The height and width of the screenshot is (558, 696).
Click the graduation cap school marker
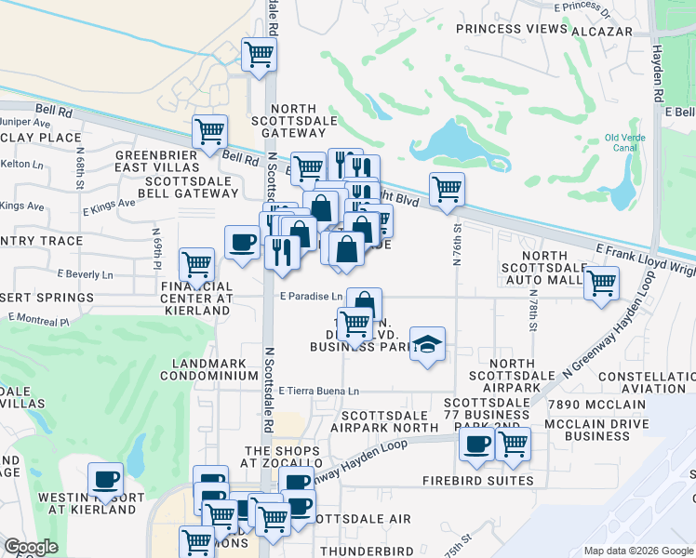pos(427,343)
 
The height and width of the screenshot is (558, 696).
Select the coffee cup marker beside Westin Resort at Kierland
pos(105,478)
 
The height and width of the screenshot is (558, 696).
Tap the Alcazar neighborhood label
pos(602,30)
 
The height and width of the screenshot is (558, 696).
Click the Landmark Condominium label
pos(208,369)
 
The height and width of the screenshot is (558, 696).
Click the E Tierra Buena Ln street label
pos(318,392)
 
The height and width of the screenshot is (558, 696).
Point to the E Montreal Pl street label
pos(38,321)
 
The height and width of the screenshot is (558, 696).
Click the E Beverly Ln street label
pos(85,275)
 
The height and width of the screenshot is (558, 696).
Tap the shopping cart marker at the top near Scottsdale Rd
pos(259,53)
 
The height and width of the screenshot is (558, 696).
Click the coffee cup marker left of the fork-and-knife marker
pos(242,244)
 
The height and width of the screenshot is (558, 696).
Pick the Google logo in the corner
pos(31,547)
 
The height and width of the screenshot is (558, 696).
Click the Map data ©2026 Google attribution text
pos(637,551)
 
